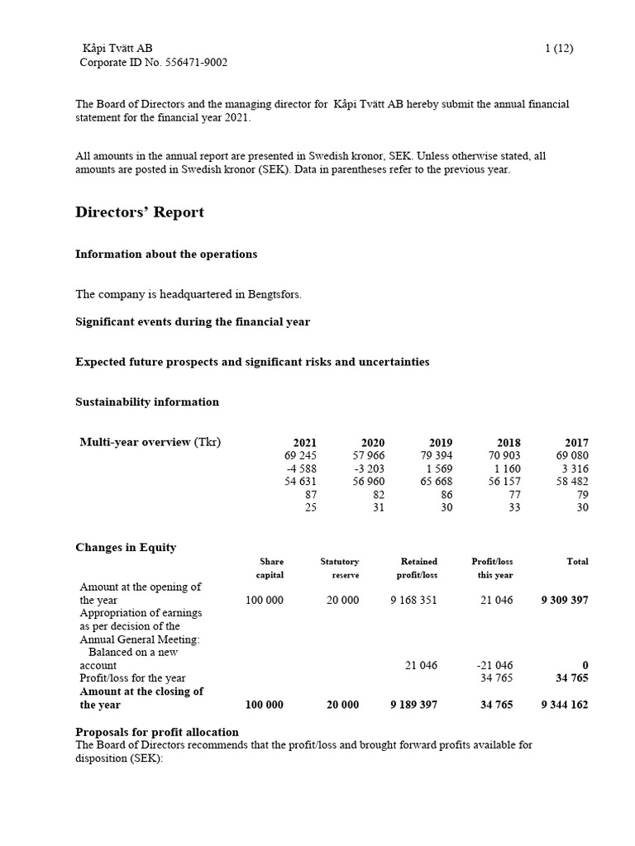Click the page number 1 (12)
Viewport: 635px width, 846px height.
click(x=559, y=49)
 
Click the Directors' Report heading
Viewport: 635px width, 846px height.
click(x=140, y=212)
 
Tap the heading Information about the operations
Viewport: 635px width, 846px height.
click(x=165, y=254)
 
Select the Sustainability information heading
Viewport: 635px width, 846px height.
click(x=147, y=402)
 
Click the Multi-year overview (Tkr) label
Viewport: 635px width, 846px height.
click(x=150, y=442)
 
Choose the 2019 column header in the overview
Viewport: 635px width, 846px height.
click(x=441, y=443)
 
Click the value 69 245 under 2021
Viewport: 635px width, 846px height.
click(x=300, y=455)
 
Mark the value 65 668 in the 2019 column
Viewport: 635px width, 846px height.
click(x=437, y=482)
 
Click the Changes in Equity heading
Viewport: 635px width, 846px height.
click(x=126, y=548)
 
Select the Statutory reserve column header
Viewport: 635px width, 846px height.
click(x=340, y=568)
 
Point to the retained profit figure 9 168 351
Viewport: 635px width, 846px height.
click(x=413, y=601)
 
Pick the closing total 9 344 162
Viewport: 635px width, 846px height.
click(x=565, y=705)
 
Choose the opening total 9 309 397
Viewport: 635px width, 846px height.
click(x=565, y=601)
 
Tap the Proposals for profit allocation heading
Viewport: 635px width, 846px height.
click(x=157, y=732)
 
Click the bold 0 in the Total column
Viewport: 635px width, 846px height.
click(x=585, y=665)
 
